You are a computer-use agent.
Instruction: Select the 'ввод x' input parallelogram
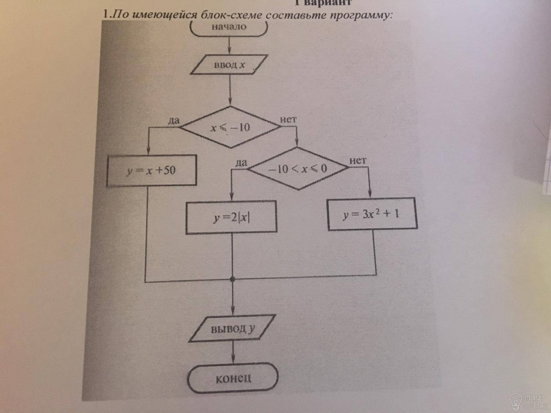pos(229,65)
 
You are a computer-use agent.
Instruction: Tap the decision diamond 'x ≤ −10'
pos(230,127)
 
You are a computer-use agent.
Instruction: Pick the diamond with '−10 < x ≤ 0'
pos(298,168)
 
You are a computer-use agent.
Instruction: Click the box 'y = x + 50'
pos(152,170)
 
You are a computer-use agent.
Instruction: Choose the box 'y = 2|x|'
pos(231,217)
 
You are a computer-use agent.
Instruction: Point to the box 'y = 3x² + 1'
pos(372,214)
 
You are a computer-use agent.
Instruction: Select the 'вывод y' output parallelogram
pos(232,329)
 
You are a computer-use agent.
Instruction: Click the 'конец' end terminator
pos(233,378)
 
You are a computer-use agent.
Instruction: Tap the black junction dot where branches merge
pos(233,279)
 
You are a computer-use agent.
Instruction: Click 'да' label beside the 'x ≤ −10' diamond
pos(174,121)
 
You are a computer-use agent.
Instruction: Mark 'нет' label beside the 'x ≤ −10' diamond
pos(288,119)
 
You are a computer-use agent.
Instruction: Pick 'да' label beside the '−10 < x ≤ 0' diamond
pos(241,163)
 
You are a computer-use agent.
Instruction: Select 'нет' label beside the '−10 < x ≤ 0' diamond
pos(358,160)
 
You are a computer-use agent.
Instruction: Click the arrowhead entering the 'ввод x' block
pos(229,51)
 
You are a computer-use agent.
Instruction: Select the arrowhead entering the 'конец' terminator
pos(233,359)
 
